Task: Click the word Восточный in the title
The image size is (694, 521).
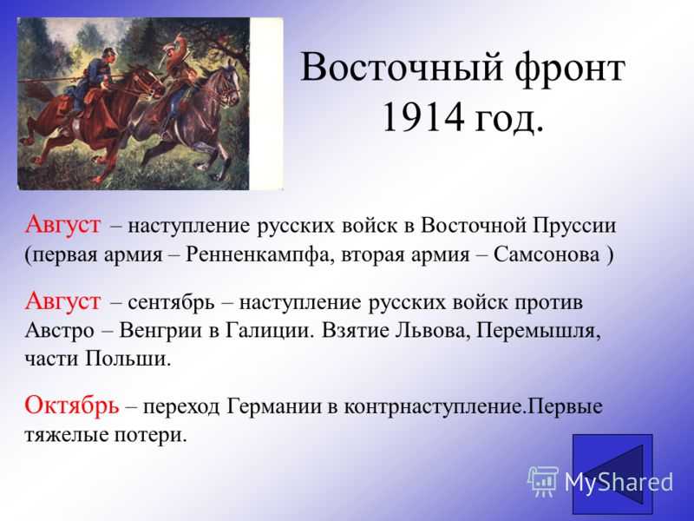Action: pyautogui.click(x=401, y=69)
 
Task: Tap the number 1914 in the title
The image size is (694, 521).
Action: pyautogui.click(x=422, y=117)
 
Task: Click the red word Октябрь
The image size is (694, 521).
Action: pyautogui.click(x=72, y=405)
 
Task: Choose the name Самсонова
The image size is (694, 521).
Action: pyautogui.click(x=547, y=254)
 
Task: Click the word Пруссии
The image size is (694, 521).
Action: pyautogui.click(x=574, y=226)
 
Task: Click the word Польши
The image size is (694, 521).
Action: pyautogui.click(x=128, y=359)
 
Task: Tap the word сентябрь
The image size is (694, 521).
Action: pyautogui.click(x=171, y=303)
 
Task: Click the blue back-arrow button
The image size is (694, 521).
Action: pyautogui.click(x=612, y=473)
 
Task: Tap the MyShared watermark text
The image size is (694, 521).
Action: pyautogui.click(x=619, y=482)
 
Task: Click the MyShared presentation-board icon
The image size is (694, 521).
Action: pyautogui.click(x=543, y=481)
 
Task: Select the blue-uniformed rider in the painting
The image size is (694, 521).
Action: pyautogui.click(x=88, y=82)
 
